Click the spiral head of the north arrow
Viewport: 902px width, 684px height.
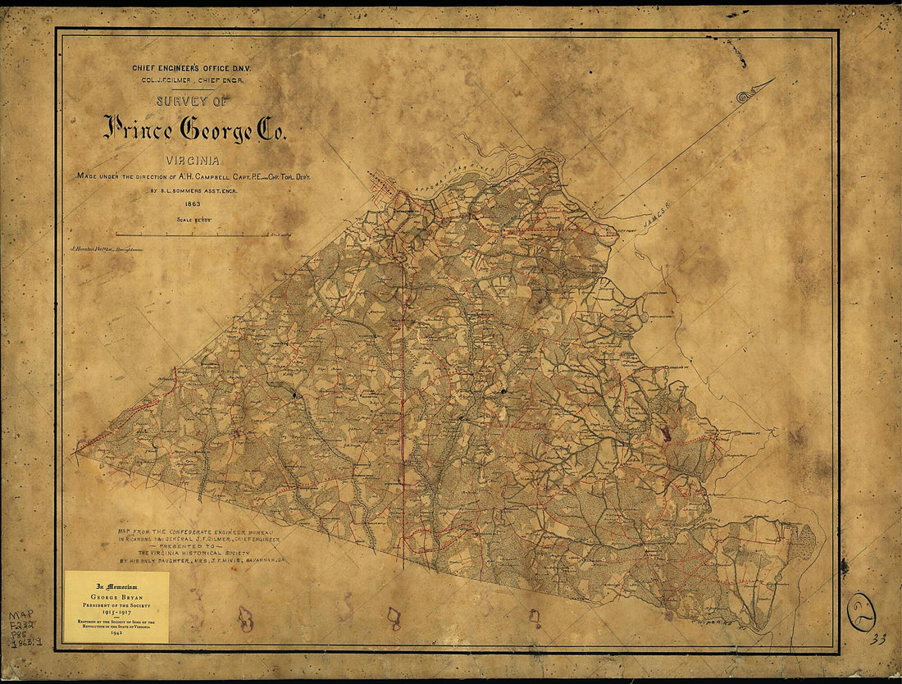pyautogui.click(x=745, y=97)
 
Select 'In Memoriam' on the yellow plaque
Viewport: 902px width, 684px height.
pyautogui.click(x=116, y=586)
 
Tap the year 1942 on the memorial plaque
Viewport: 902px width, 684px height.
pyautogui.click(x=116, y=636)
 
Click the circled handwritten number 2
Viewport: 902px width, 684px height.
pyautogui.click(x=861, y=611)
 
